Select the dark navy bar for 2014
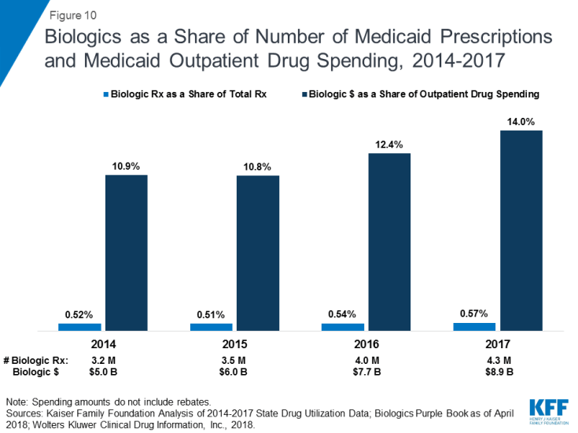coord(126,252)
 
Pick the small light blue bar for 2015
coord(211,326)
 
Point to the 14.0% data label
coord(521,122)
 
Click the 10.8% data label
coord(257,167)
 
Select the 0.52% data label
coord(79,314)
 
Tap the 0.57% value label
coord(474,314)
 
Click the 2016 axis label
coord(366,344)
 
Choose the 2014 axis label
coord(103,344)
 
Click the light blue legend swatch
coord(106,94)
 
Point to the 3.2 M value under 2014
coord(103,360)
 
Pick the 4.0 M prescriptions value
coord(366,360)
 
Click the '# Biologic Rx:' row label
coord(36,360)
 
